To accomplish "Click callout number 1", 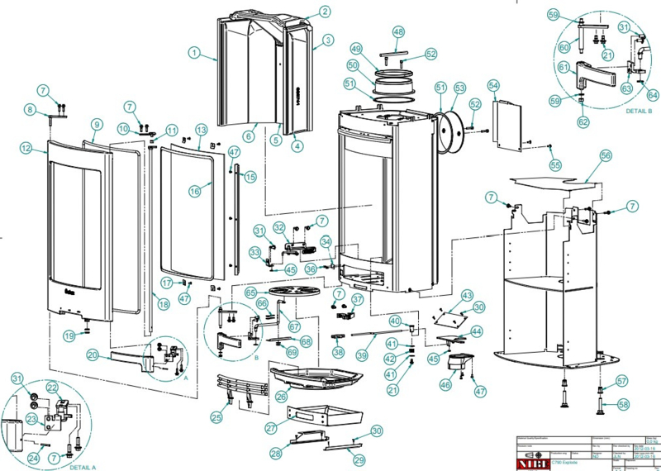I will [x=193, y=52].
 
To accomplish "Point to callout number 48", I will [x=398, y=31].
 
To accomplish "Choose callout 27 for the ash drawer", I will [x=270, y=429].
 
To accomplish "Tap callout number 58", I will [x=624, y=404].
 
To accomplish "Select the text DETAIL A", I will [x=83, y=467].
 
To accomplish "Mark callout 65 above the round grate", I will [x=250, y=293].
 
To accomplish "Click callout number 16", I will [x=195, y=191].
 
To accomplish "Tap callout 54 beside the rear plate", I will [x=493, y=85].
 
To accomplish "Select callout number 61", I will [x=564, y=67].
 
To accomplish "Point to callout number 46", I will [x=447, y=384].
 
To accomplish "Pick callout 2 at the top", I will [x=325, y=12].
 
